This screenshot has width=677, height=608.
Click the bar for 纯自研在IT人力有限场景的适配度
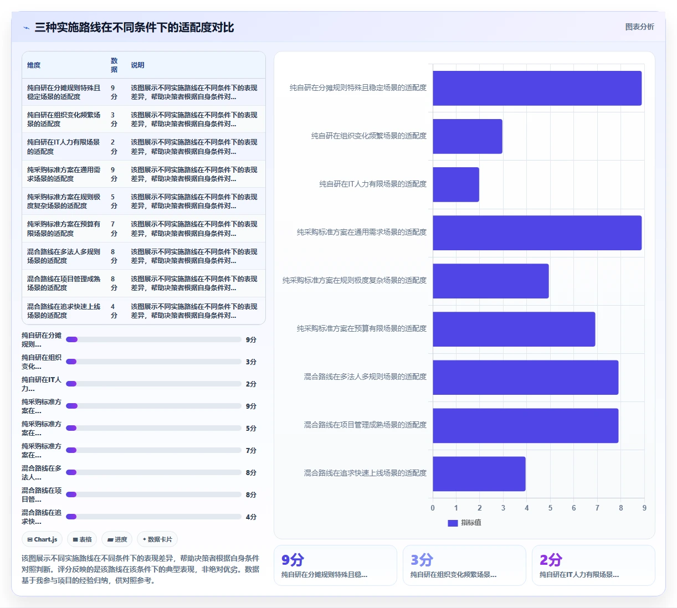point(456,184)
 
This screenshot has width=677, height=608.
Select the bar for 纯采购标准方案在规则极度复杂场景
point(490,281)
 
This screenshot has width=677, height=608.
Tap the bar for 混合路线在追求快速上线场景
point(479,473)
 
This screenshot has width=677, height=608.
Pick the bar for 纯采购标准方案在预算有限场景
point(514,329)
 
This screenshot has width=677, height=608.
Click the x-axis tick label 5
point(550,508)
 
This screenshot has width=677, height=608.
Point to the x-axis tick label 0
point(433,508)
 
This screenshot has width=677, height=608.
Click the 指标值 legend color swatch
point(453,523)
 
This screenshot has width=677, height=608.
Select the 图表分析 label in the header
point(639,27)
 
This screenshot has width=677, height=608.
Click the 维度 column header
point(34,65)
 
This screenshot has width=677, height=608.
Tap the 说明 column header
point(138,65)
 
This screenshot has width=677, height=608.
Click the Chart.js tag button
point(42,539)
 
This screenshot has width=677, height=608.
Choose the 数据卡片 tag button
point(157,539)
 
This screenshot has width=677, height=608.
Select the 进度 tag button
point(117,539)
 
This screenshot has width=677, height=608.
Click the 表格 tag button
point(82,539)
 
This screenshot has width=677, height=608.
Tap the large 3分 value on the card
point(422,560)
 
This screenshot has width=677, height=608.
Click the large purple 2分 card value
point(551,560)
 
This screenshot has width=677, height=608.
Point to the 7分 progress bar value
point(251,450)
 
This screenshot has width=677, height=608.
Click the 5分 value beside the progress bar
point(251,428)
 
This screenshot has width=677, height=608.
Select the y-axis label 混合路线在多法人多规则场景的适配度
point(365,377)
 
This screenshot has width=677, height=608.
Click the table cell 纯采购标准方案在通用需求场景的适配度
point(64,174)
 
